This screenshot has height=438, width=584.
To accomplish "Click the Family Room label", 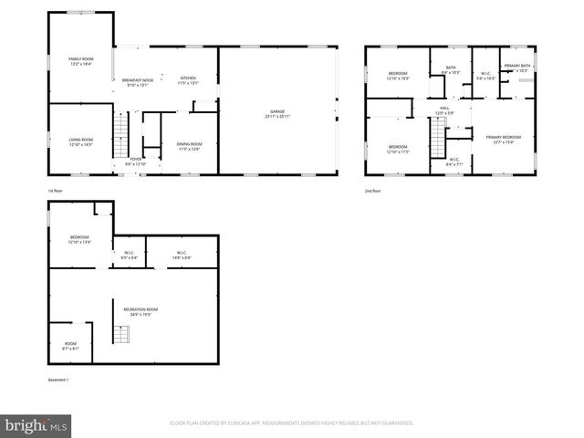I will (81, 60).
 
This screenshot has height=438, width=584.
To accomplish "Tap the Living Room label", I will (81, 141).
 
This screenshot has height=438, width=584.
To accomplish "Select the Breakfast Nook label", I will (138, 82).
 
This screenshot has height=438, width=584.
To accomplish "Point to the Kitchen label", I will (188, 79).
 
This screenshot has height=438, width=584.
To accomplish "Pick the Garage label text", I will (277, 114).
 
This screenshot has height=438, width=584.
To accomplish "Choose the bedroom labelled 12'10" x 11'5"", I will (398, 149).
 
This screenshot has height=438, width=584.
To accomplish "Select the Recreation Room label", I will (134, 311).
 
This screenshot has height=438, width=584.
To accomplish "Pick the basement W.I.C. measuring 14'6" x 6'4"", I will (181, 255).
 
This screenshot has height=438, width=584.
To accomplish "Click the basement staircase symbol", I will (122, 334).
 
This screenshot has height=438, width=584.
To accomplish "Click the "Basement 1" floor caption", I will (57, 380).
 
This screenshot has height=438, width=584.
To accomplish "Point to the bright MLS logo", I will (36, 424).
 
